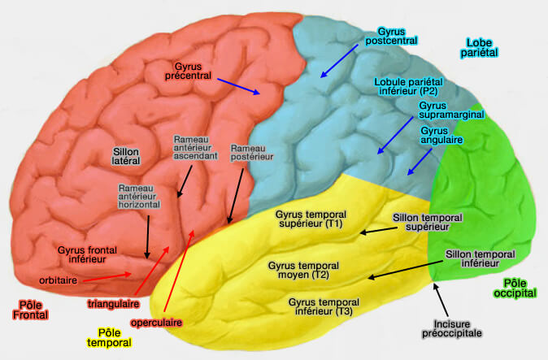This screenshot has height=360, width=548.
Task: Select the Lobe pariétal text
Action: click(481, 47)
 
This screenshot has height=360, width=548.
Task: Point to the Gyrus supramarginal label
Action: click(451, 110)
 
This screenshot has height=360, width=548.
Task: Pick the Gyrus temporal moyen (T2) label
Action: click(298, 270)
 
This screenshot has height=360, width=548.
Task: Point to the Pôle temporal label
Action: click(109, 338)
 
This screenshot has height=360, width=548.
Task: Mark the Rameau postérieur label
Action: click(248, 154)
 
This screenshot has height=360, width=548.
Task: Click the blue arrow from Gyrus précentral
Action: click(237, 85)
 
